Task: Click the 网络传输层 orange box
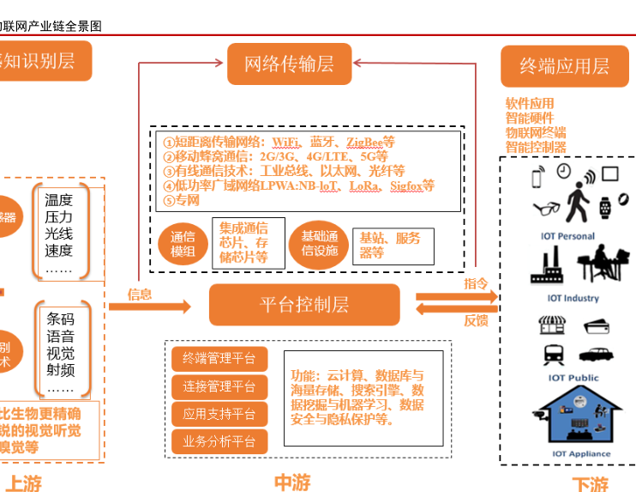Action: click(290, 64)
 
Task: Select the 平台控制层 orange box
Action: click(304, 305)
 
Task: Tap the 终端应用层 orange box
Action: click(564, 66)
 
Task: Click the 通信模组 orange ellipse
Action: click(183, 245)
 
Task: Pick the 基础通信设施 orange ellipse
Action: click(320, 245)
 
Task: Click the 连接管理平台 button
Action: click(219, 386)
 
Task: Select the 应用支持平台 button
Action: click(219, 414)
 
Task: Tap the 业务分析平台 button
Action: click(219, 442)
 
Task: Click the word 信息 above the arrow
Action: click(140, 294)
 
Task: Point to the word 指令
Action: click(477, 283)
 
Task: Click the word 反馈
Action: click(477, 320)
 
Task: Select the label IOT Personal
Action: click(567, 236)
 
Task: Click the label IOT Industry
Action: click(573, 299)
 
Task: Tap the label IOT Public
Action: click(573, 378)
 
